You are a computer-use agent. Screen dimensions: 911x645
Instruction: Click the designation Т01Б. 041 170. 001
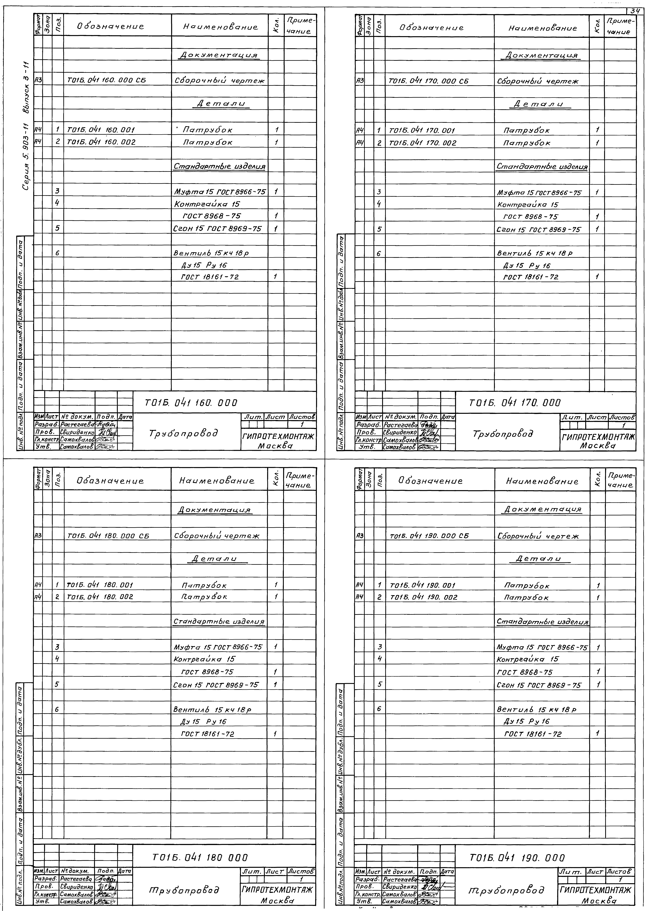(422, 130)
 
